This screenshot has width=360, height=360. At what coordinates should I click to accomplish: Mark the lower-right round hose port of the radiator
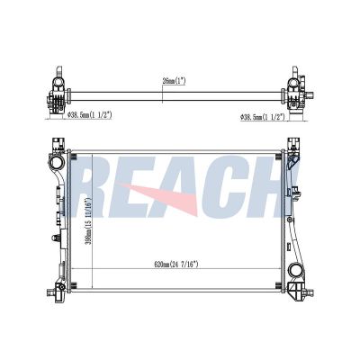click(297, 273)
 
